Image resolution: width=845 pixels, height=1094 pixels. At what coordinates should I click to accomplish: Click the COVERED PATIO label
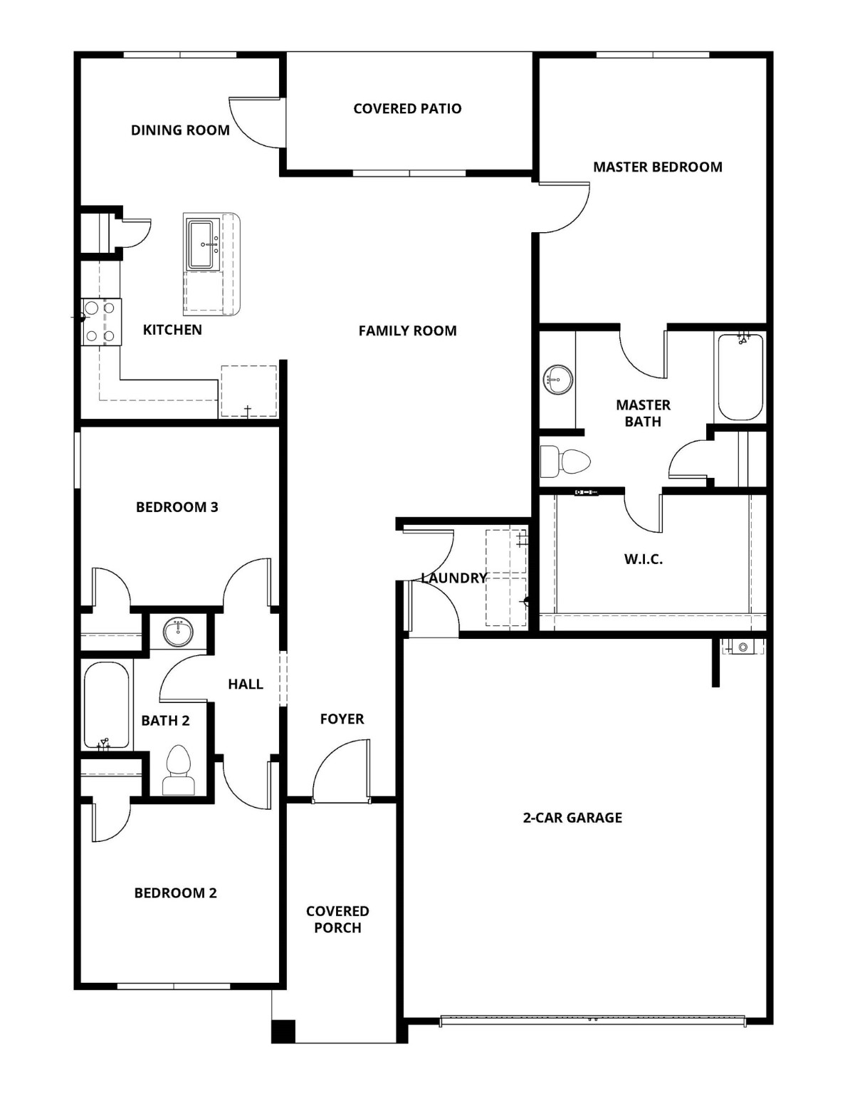click(x=407, y=109)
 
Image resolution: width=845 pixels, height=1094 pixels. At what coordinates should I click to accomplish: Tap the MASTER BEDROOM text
click(x=657, y=167)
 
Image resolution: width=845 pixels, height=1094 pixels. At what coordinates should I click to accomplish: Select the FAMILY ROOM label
click(x=407, y=330)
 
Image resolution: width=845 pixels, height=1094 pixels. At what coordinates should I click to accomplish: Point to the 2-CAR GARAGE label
click(x=572, y=818)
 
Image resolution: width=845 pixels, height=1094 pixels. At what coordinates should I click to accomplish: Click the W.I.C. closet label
click(x=643, y=560)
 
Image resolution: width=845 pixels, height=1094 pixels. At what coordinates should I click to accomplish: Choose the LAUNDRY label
click(x=453, y=578)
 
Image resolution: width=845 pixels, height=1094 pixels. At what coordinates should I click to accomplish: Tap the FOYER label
click(x=342, y=719)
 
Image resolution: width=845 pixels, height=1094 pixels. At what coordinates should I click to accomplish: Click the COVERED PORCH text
click(x=337, y=920)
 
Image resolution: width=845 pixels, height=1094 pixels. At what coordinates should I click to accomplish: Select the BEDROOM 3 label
click(x=177, y=507)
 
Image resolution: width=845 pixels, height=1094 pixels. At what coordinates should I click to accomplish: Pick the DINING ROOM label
click(x=180, y=130)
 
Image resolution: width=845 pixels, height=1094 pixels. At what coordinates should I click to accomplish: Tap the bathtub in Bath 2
click(x=107, y=705)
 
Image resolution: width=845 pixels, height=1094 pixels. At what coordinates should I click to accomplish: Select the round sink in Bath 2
click(x=178, y=632)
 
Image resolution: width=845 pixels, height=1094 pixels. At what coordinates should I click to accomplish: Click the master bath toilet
click(x=565, y=462)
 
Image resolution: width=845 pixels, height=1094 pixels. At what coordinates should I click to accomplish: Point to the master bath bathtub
click(x=740, y=377)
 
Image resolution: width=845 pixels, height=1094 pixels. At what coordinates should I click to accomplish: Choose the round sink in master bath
click(x=557, y=380)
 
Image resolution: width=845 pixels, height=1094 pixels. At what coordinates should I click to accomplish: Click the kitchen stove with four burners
click(x=100, y=322)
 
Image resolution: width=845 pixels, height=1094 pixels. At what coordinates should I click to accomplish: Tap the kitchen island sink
click(x=201, y=244)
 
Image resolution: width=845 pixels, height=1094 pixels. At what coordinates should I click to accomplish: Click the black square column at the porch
click(x=283, y=1031)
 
